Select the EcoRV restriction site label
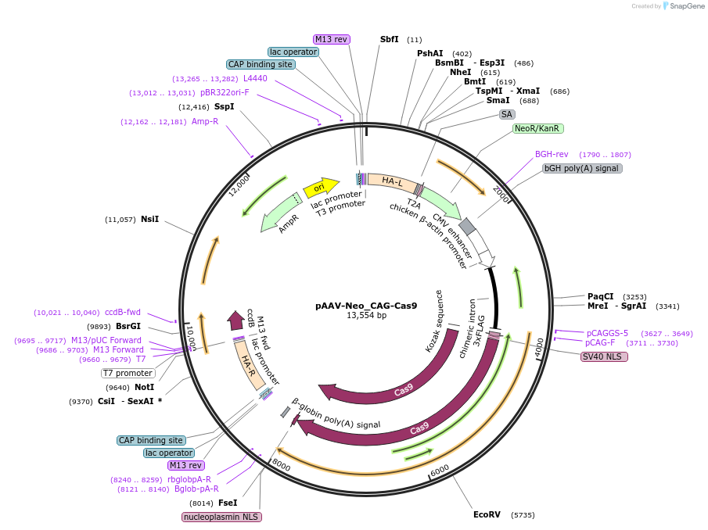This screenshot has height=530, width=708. [487, 514]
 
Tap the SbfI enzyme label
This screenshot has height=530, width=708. [389, 39]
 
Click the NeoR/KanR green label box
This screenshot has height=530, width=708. [538, 128]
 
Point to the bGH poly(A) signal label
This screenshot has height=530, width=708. [582, 168]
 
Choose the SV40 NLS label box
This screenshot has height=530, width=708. [604, 356]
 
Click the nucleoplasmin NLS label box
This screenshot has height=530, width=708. [222, 517]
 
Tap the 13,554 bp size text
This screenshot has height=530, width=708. [366, 316]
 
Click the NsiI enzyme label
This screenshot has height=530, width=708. [149, 219]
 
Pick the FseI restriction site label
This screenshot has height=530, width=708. [228, 503]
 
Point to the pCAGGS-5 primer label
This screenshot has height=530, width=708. [607, 333]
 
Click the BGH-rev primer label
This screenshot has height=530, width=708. [552, 154]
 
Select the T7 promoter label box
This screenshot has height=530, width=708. [129, 373]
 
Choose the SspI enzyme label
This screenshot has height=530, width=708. [224, 106]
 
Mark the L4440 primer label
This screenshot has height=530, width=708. [255, 78]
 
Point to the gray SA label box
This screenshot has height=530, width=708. [507, 114]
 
